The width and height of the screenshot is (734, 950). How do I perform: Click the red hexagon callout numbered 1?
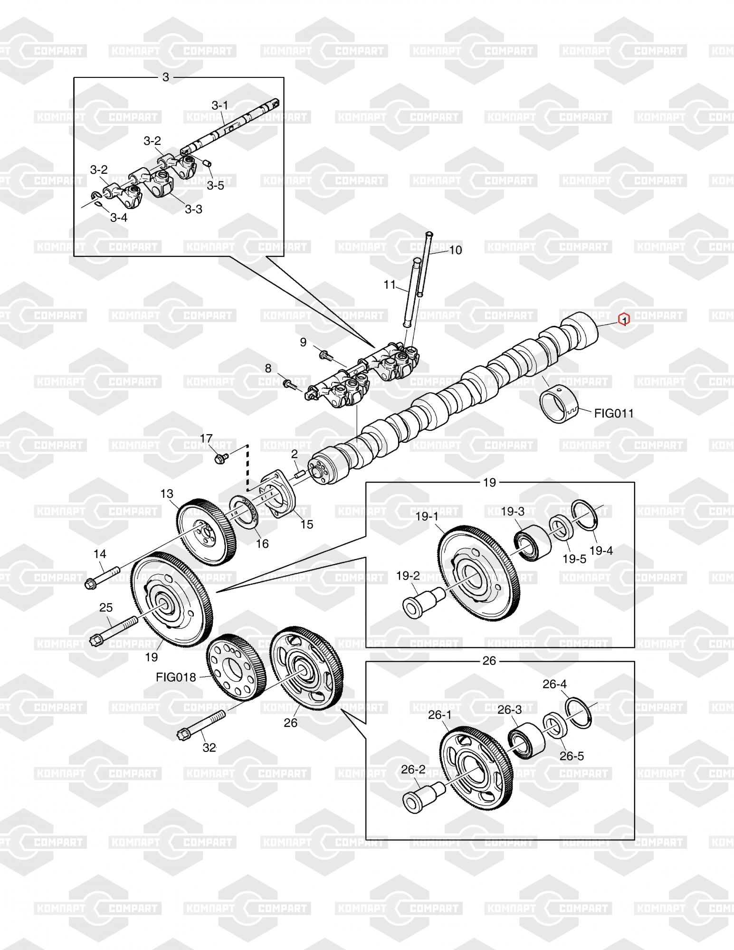tap(623, 320)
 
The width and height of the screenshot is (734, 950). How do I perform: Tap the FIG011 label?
tap(614, 413)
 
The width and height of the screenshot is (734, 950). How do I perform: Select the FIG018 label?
tap(176, 677)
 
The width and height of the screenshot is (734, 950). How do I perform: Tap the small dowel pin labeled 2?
tap(299, 474)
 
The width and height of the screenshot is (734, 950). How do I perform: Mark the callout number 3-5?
tap(215, 185)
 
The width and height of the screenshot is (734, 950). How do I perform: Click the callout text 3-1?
tap(220, 105)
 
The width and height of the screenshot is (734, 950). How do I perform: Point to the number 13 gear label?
tap(167, 494)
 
